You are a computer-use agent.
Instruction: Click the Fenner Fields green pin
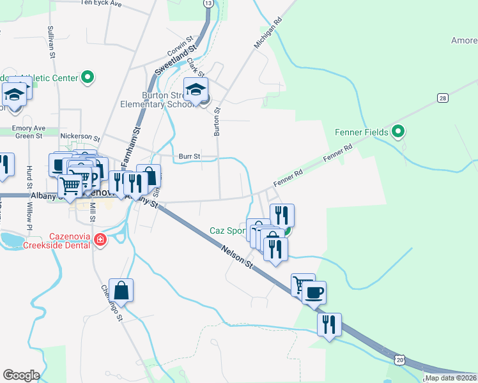(399, 132)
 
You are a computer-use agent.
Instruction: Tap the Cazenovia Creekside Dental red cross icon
(100, 240)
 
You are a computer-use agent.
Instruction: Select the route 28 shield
(442, 98)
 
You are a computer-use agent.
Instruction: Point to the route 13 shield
(208, 3)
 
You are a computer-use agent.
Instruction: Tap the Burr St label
(189, 156)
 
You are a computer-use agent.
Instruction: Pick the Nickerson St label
(80, 137)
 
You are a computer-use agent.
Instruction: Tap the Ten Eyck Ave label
(101, 3)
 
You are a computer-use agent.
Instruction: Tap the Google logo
(22, 375)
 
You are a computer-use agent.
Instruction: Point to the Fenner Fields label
(362, 132)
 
